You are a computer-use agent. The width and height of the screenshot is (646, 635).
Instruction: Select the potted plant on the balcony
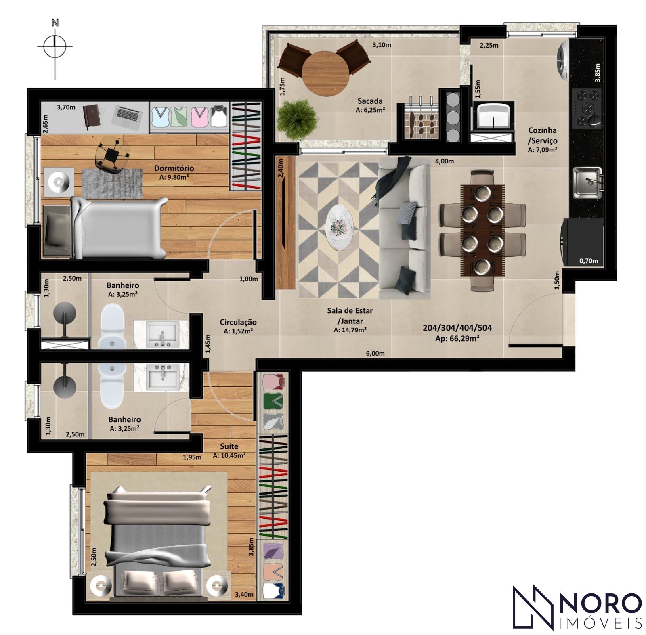pyautogui.click(x=297, y=120)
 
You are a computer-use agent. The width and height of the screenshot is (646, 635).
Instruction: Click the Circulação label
pyautogui.click(x=238, y=322)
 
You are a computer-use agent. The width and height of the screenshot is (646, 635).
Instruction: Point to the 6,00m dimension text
pyautogui.click(x=375, y=354)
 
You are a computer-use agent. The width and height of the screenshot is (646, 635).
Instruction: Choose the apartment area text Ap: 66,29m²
pyautogui.click(x=457, y=339)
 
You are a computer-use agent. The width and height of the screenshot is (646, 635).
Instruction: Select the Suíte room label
pyautogui.click(x=229, y=446)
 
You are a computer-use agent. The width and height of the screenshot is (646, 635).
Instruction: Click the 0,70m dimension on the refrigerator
pyautogui.click(x=588, y=261)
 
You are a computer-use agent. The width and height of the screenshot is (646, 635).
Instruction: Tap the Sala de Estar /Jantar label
pyautogui.click(x=350, y=316)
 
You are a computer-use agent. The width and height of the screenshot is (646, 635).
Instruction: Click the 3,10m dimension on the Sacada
pyautogui.click(x=382, y=45)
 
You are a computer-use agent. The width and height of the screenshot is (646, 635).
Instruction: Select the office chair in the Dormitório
pyautogui.click(x=109, y=154)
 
